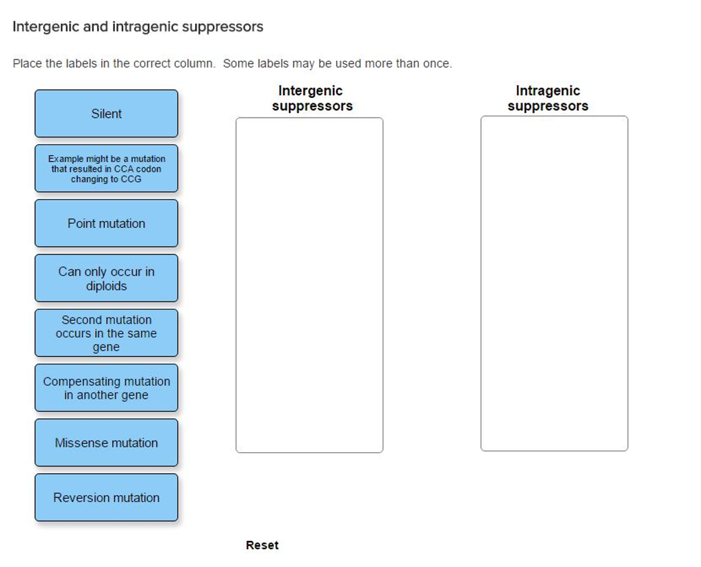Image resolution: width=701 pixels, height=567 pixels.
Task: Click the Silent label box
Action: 106,114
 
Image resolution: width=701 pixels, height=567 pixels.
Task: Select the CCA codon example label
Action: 106,168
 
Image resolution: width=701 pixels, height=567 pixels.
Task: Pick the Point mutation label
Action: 106,224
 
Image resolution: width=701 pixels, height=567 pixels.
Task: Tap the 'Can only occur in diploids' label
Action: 106,278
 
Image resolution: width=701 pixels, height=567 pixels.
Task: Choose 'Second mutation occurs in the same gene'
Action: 106,333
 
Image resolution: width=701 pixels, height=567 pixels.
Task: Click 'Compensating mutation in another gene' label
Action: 106,388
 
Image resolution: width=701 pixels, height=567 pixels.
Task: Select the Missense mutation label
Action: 106,443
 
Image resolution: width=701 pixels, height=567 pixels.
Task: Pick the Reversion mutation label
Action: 106,497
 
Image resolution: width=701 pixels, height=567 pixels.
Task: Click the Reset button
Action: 262,545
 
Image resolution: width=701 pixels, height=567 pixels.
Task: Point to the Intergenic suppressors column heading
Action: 311,98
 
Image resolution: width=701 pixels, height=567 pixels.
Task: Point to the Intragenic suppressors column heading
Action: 548,98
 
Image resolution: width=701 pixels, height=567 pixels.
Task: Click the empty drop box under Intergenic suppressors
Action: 309,285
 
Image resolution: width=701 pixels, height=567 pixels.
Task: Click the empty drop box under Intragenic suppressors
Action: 554,283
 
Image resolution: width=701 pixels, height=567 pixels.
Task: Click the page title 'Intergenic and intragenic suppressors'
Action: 138,27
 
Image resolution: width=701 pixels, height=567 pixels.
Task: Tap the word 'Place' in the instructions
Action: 27,64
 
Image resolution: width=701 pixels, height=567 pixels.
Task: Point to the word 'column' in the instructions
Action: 194,64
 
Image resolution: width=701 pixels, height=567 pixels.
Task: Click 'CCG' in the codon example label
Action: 131,179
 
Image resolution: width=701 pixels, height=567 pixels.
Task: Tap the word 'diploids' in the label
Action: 106,286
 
